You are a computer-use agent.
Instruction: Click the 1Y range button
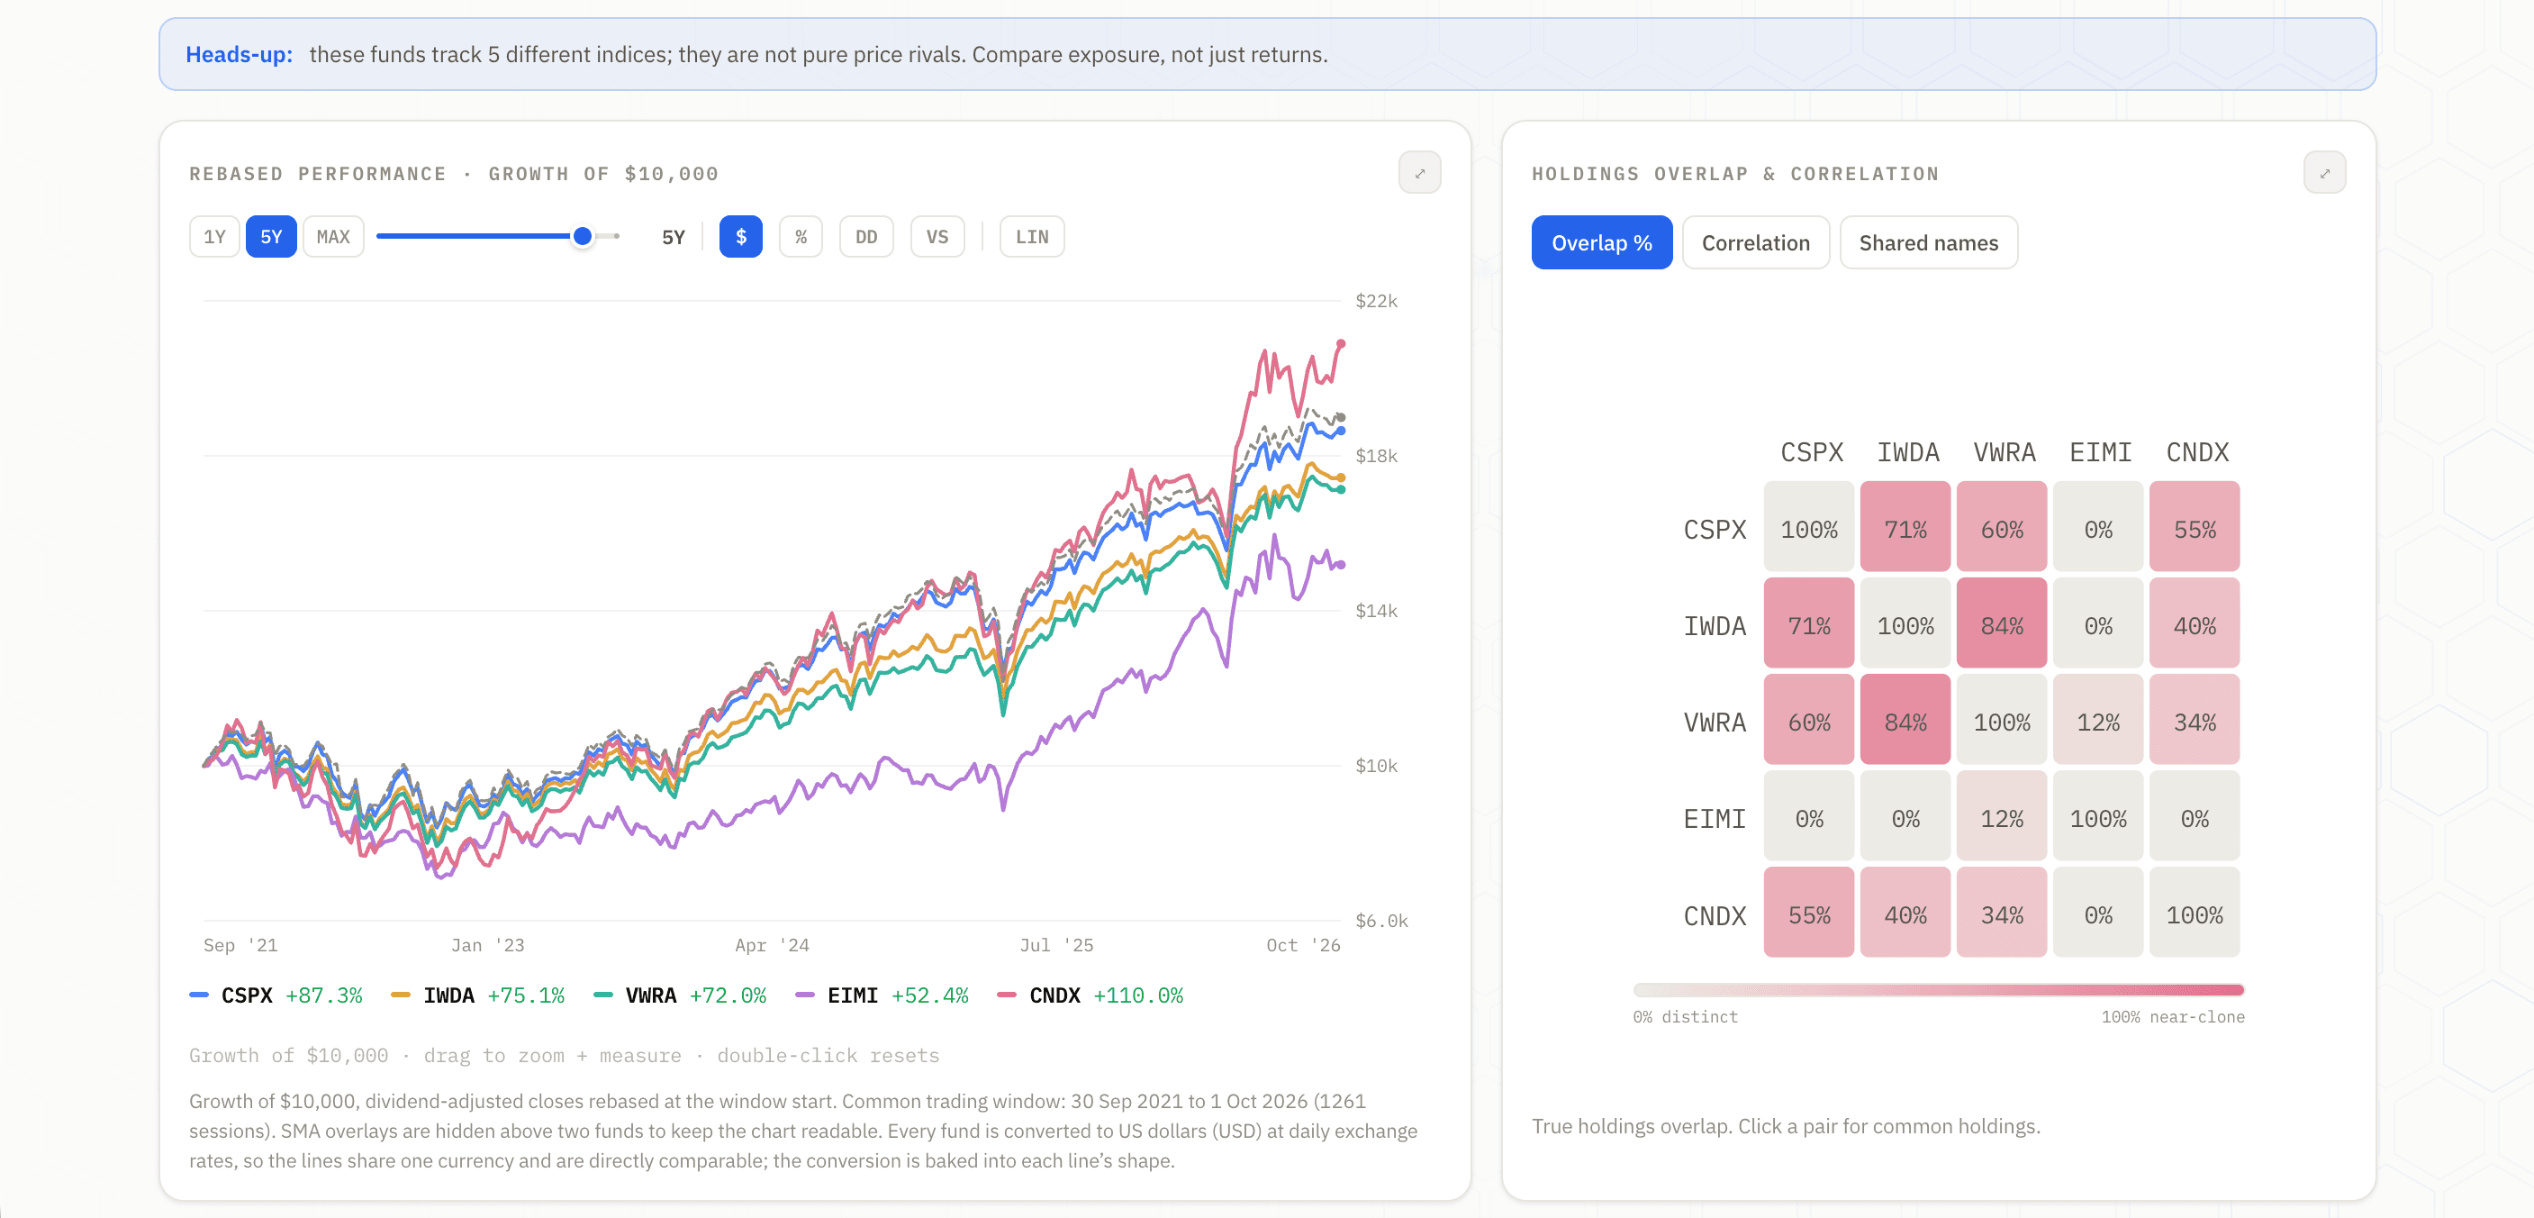click(214, 237)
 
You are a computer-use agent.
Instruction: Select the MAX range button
click(333, 237)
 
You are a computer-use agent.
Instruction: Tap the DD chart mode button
click(865, 237)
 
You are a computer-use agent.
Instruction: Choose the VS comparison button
click(937, 237)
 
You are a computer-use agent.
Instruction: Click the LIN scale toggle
click(1032, 237)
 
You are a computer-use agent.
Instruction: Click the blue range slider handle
click(583, 236)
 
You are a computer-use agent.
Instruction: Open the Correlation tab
click(1756, 243)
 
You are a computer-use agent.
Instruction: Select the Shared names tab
click(1928, 243)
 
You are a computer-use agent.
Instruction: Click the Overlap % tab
click(1601, 243)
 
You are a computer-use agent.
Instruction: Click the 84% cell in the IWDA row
click(2002, 626)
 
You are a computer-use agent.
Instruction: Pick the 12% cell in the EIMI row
click(2002, 819)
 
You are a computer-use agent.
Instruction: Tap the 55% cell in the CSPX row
click(2195, 530)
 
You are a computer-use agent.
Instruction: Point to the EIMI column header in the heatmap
click(2100, 452)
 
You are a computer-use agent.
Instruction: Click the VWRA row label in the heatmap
click(1715, 723)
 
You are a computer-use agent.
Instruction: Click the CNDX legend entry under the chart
click(1090, 995)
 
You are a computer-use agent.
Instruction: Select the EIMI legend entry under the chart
click(882, 995)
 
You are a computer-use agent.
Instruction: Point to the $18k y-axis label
click(1376, 456)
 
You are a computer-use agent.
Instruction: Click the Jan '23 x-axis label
click(488, 945)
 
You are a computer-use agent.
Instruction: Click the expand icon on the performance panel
click(1419, 173)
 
